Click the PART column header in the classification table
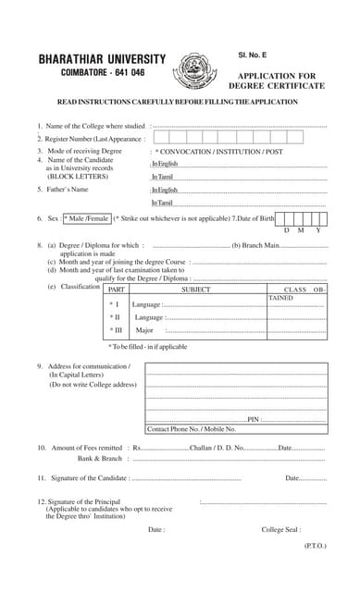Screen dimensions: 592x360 coord(118,290)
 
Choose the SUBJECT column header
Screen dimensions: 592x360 coord(195,290)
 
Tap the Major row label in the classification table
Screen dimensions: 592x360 coord(144,329)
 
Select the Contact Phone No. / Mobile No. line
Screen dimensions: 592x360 coord(192,429)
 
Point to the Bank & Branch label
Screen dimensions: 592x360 coord(100,459)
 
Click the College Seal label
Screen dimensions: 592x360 coord(280,530)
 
